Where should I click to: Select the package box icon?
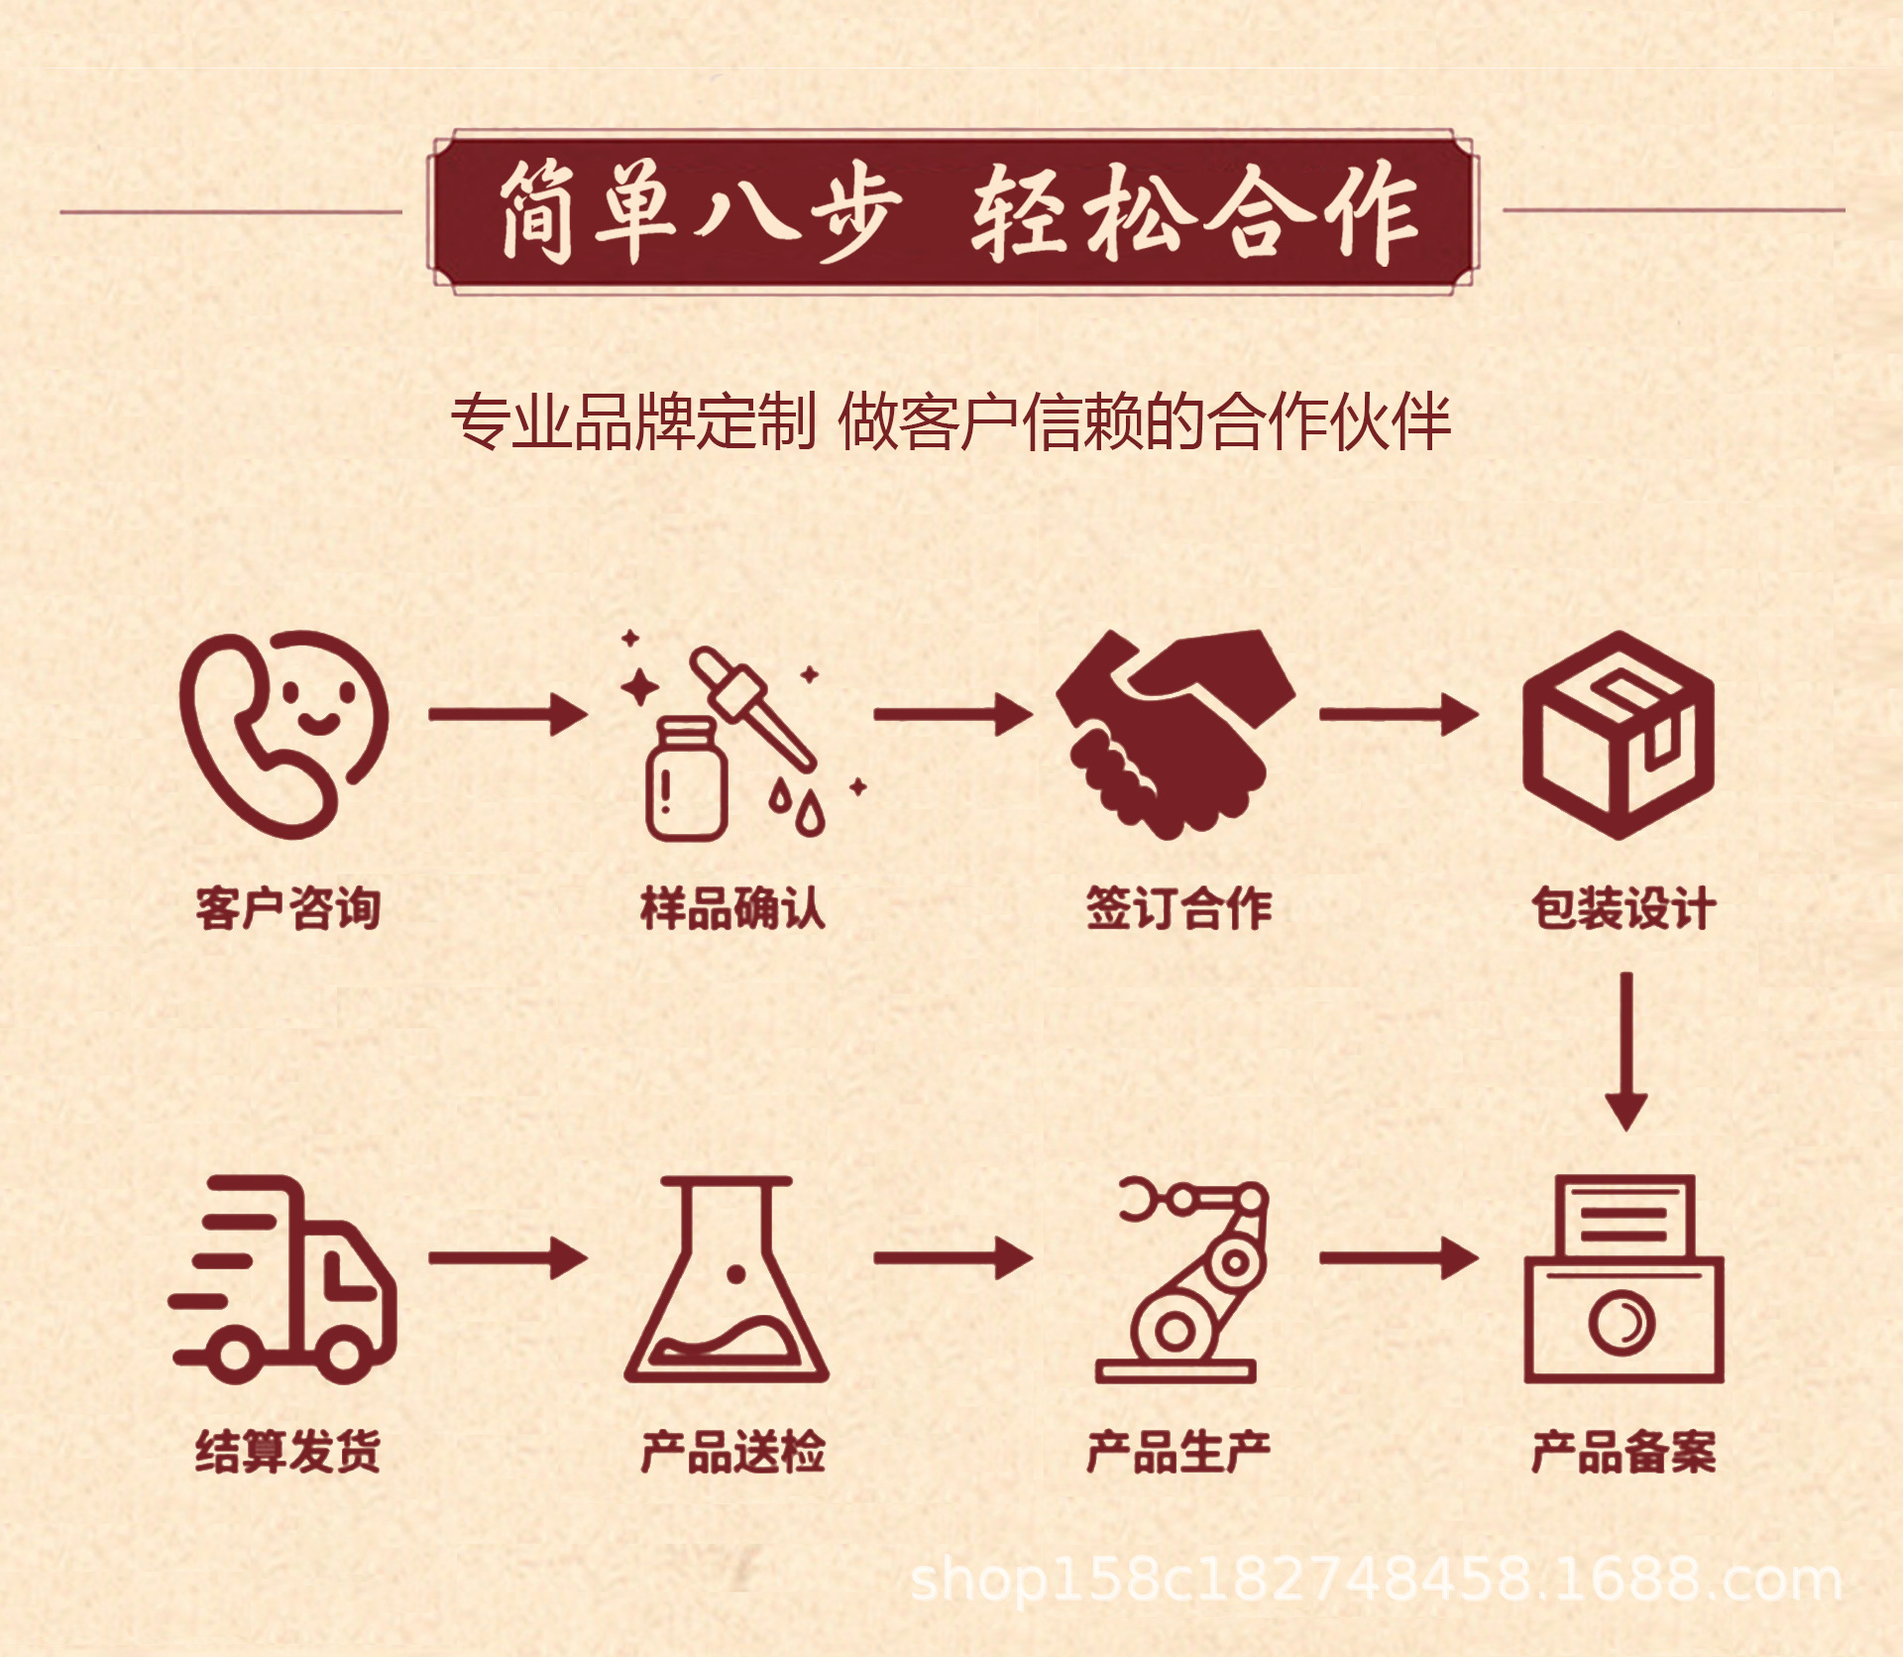coord(1619,735)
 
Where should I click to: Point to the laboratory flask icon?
coord(727,1280)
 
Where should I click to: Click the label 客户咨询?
coord(288,908)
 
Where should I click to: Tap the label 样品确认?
coord(732,908)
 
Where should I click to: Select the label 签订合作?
coord(1178,908)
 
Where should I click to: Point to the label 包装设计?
coord(1623,908)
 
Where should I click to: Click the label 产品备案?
coord(1623,1452)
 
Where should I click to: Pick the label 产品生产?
coord(1178,1452)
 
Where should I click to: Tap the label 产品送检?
coord(732,1452)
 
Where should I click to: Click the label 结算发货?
coord(288,1452)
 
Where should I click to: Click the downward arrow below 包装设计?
coord(1625,1051)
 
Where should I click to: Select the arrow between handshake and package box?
coord(1399,714)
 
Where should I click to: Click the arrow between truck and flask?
coord(507,1258)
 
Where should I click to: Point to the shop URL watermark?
coord(1376,1580)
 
